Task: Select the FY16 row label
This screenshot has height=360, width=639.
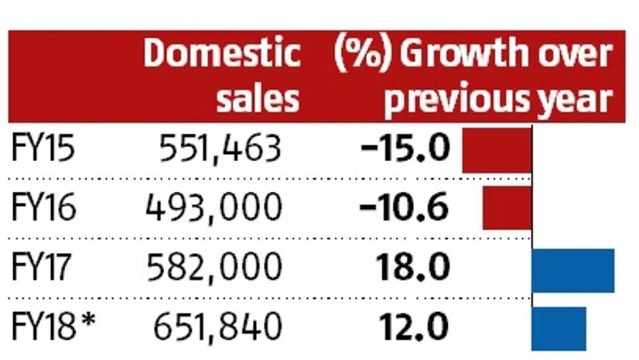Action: click(44, 207)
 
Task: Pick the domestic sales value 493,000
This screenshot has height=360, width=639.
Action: click(214, 207)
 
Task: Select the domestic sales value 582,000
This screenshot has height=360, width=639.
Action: click(214, 268)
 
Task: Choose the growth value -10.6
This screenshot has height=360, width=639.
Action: click(405, 207)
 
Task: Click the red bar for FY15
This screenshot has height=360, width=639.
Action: click(497, 150)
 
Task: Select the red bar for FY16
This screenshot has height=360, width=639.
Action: click(507, 209)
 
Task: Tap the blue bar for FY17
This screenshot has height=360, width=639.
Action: click(573, 270)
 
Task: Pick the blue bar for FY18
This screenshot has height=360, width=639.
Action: click(559, 327)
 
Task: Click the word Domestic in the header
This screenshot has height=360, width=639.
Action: click(221, 54)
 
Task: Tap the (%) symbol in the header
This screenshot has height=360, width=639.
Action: click(362, 54)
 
